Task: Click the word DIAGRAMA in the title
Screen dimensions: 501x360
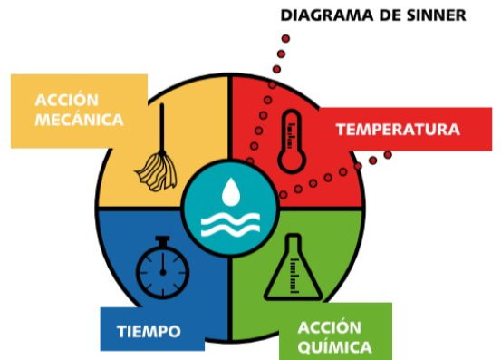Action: [x=327, y=15]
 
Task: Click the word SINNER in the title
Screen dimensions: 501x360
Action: [x=437, y=15]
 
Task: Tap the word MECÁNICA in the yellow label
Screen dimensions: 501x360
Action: [x=79, y=120]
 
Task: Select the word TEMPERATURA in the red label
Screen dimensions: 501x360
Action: [x=398, y=130]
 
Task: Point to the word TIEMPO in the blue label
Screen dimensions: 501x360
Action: [x=149, y=331]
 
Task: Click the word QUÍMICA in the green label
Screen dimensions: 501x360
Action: [x=335, y=347]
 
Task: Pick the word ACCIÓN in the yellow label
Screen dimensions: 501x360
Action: [x=67, y=100]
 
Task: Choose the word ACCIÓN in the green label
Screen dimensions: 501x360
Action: [x=330, y=327]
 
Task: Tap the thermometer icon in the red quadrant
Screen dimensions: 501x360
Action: [x=292, y=141]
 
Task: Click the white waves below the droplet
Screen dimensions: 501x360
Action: [x=230, y=225]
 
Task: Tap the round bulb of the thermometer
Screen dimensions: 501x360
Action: [x=292, y=161]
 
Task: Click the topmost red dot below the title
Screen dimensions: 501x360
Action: [x=285, y=39]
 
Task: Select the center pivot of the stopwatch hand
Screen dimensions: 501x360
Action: [x=163, y=273]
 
